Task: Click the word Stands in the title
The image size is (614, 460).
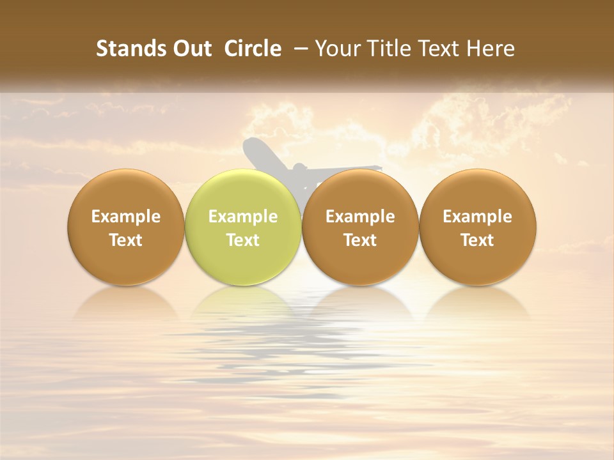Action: pos(130,49)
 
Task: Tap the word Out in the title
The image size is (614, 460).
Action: pos(191,49)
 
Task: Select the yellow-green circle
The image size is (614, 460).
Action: pos(243,227)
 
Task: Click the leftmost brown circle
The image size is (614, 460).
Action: pos(126,227)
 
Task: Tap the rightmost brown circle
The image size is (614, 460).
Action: pos(478,227)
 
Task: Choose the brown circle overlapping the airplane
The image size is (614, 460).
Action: pos(360,227)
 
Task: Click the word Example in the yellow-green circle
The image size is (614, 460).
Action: pos(243,217)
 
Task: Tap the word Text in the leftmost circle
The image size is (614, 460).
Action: pos(126,240)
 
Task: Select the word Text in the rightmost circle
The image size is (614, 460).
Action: pos(478,240)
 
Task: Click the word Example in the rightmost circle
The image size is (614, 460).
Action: pos(478,217)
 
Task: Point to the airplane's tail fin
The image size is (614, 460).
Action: pos(256,153)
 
